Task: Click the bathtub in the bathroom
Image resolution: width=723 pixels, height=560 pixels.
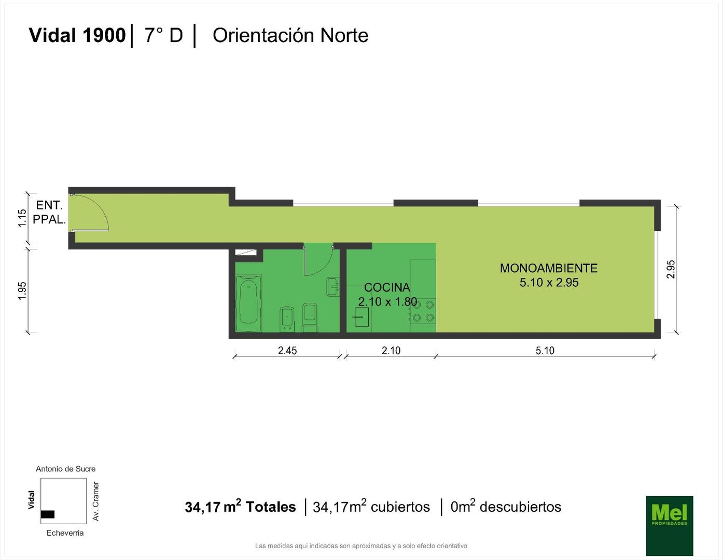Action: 248,303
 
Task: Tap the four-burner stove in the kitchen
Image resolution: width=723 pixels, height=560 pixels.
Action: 423,311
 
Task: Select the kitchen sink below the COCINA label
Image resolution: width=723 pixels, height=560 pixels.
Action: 362,317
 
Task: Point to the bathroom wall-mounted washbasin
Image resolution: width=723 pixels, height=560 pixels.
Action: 333,286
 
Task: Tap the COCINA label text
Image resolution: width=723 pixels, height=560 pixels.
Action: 387,287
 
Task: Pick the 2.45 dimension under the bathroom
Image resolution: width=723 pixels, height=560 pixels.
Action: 287,351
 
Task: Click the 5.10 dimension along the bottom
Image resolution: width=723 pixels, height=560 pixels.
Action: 545,351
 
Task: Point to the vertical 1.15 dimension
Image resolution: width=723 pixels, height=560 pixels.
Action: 22,218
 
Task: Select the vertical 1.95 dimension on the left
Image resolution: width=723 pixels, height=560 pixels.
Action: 22,291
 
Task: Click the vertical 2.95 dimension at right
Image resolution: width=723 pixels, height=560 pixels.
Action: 671,269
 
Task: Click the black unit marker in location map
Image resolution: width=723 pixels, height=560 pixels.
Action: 48,514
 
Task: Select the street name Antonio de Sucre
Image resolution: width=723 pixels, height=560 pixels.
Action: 65,469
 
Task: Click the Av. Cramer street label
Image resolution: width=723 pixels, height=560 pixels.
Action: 96,501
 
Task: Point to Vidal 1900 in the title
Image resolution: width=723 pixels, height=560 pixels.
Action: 77,35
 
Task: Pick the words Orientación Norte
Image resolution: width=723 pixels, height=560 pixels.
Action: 290,35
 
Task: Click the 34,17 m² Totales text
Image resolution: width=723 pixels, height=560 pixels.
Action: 240,506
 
